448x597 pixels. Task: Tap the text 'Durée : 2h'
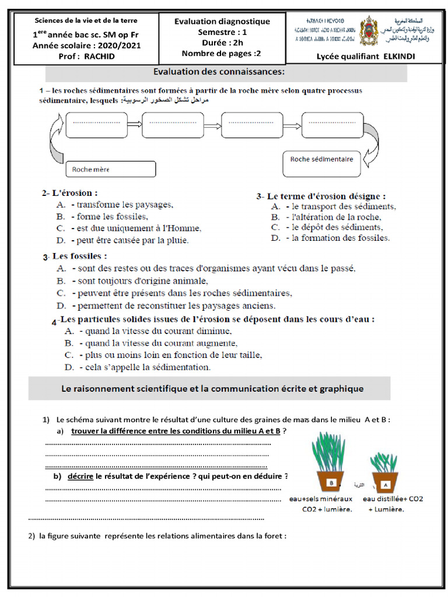(222, 43)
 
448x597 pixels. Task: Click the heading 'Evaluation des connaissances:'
(219, 72)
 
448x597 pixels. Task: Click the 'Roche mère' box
(111, 169)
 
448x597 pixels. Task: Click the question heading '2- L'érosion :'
(69, 192)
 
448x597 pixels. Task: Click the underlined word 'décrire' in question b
(80, 476)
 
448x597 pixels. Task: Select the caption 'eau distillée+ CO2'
(393, 499)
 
